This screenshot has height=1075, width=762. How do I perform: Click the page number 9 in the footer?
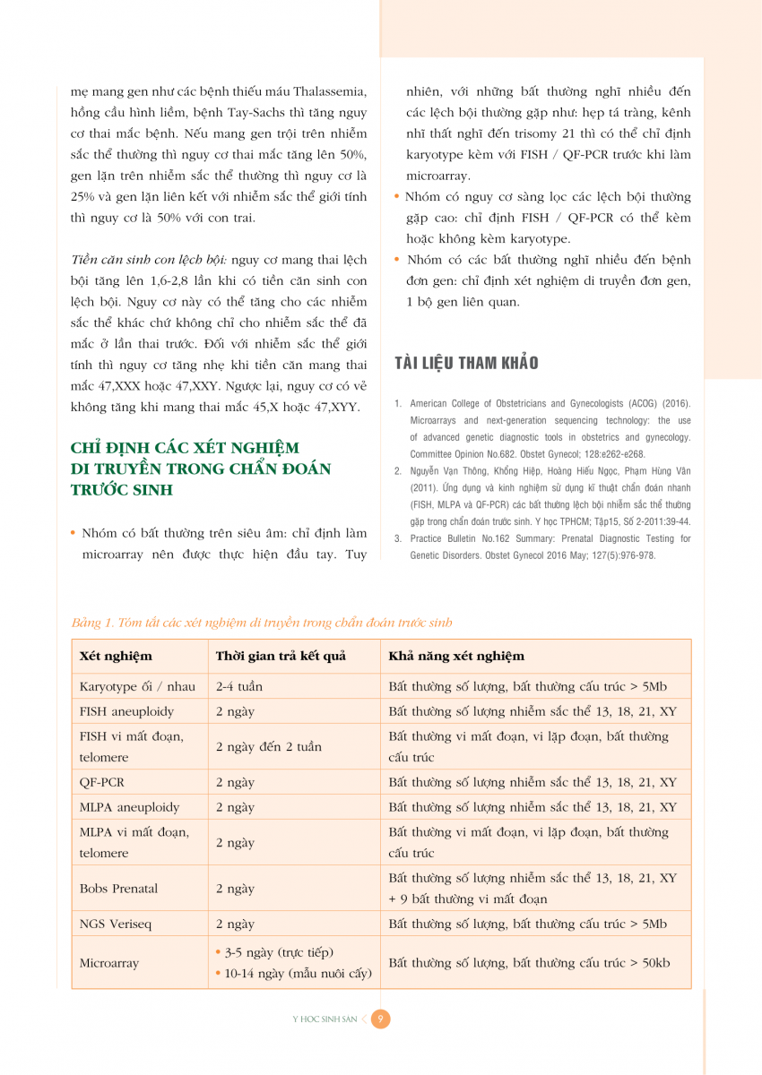pos(381,1019)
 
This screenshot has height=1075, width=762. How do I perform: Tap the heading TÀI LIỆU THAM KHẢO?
pos(467,363)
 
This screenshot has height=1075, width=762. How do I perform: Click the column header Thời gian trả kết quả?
pos(281,656)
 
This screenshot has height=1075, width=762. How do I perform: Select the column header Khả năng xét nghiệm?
pos(456,656)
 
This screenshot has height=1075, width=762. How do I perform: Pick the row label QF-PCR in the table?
pos(102,782)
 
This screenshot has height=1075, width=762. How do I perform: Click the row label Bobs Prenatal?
pos(118,889)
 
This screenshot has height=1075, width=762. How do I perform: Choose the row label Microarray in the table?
pos(109,963)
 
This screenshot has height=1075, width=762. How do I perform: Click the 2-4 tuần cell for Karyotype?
pos(239,687)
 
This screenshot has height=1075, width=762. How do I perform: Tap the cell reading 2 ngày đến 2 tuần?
pos(269,746)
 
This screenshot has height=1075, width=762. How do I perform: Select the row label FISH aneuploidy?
pos(126,711)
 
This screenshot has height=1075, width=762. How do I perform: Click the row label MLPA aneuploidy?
pos(129,807)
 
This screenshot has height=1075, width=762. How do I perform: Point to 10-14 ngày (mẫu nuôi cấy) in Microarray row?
pos(298,974)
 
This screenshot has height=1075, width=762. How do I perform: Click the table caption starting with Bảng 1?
pos(262,623)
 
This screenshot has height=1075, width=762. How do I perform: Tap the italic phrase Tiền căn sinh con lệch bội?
pos(149,260)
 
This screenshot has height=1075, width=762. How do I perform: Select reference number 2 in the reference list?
pos(398,470)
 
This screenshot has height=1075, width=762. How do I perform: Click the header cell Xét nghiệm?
pos(116,656)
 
